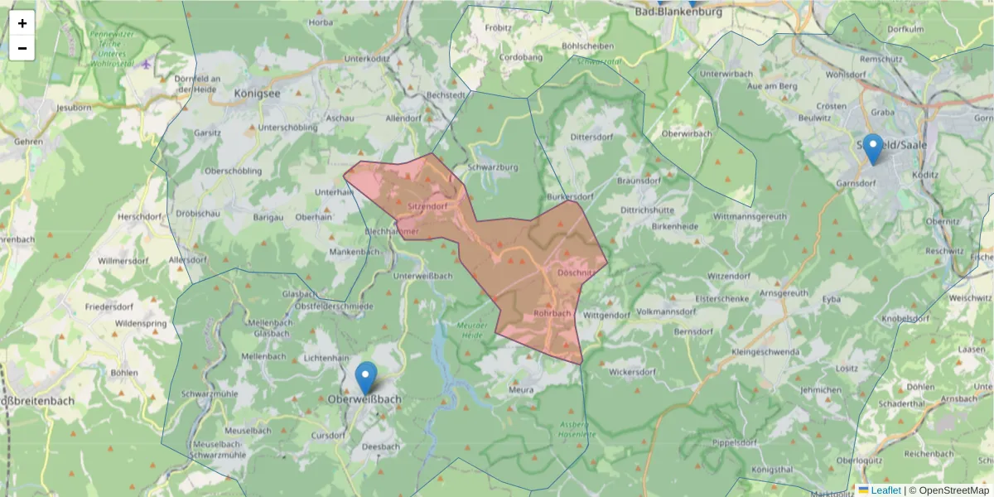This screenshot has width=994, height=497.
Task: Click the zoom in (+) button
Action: click(x=22, y=23)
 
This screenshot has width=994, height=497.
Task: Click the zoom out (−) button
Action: click(x=22, y=48)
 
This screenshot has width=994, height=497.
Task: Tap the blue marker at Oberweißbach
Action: click(x=365, y=377)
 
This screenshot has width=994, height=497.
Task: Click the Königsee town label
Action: click(x=258, y=94)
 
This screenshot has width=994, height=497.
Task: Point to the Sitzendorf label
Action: click(x=427, y=205)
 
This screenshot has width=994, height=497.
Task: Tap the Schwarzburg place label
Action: click(x=493, y=166)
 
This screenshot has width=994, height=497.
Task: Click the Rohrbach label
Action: click(x=552, y=313)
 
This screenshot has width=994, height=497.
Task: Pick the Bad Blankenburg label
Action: click(x=678, y=12)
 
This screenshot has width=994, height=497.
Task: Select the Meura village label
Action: click(x=521, y=388)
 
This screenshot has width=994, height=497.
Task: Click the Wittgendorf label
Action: click(x=606, y=316)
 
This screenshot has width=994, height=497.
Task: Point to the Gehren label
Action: click(x=28, y=142)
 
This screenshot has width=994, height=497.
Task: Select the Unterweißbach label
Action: click(x=422, y=276)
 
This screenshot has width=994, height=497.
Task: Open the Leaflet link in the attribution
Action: click(x=885, y=490)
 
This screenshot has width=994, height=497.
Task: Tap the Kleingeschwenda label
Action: click(x=766, y=352)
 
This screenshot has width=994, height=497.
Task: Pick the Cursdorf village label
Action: click(x=327, y=435)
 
